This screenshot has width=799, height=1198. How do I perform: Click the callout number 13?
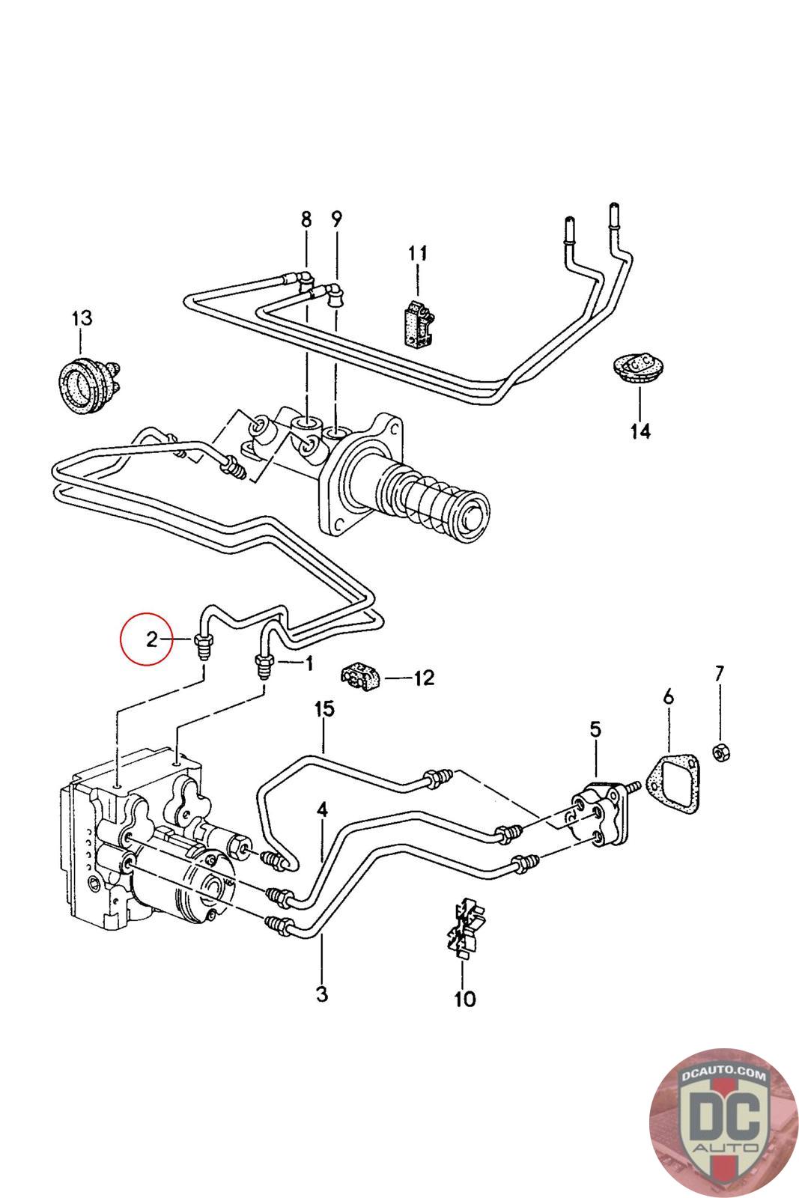click(82, 317)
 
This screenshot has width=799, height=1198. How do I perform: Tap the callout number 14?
click(640, 431)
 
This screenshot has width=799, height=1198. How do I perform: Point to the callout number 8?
click(306, 219)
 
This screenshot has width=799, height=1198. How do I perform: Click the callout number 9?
click(336, 219)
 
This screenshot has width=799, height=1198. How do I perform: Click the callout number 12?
click(424, 678)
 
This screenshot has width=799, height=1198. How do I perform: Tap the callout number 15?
click(324, 709)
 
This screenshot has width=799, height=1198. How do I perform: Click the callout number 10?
click(465, 999)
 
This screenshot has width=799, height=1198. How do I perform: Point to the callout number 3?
click(322, 995)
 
